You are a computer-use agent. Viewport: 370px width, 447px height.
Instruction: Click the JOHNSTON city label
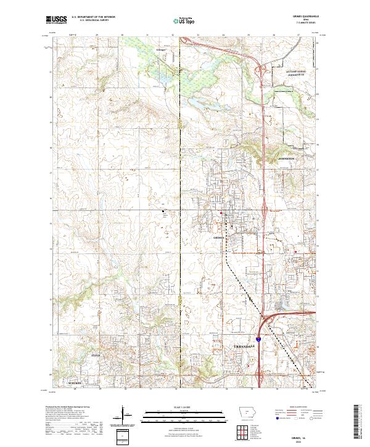287,158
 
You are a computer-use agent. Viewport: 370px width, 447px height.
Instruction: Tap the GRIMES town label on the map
218,236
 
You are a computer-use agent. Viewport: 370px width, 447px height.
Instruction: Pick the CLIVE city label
95,356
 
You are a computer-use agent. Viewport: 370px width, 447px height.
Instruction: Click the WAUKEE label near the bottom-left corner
75,383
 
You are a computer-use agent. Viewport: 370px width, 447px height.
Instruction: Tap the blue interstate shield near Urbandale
258,338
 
